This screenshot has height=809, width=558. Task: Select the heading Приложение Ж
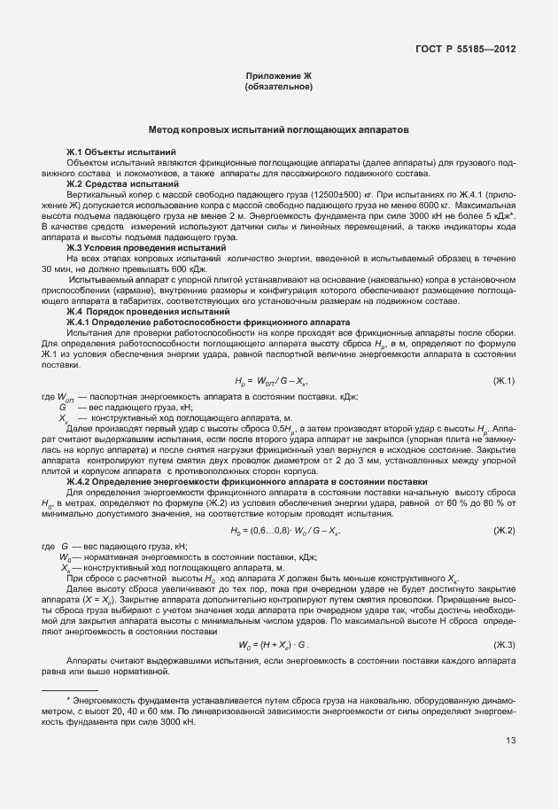(279, 78)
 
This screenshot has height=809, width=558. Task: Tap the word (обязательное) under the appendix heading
(279, 88)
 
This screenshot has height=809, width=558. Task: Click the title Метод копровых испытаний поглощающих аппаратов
(279, 129)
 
